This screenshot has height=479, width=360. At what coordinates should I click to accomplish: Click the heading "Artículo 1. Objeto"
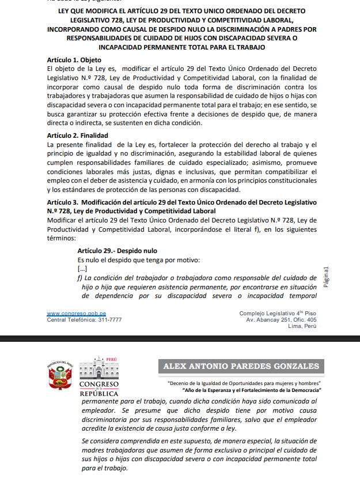click(74, 60)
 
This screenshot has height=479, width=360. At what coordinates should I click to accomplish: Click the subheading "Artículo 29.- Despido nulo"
click(117, 251)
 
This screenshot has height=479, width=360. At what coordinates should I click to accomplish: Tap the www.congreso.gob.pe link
click(76, 314)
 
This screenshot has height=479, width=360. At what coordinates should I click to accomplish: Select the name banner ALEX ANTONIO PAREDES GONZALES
click(241, 366)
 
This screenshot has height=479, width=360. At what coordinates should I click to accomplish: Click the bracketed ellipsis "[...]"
click(82, 269)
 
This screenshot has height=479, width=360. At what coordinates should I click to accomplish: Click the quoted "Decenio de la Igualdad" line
click(244, 383)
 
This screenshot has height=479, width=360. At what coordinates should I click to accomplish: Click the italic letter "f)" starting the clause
click(80, 278)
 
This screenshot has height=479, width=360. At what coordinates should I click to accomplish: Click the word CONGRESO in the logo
click(98, 384)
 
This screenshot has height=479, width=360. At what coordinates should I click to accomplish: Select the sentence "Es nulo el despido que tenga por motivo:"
click(138, 260)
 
